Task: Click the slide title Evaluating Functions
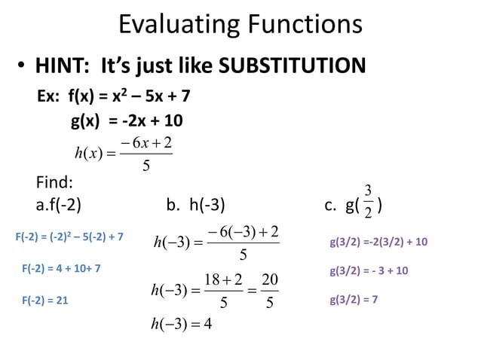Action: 240,26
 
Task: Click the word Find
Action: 54,182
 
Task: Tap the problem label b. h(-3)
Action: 195,204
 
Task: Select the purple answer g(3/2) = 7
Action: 354,300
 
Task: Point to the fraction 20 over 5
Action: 271,291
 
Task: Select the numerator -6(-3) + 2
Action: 244,230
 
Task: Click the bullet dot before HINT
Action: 23,68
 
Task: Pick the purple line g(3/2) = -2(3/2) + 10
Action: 378,242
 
